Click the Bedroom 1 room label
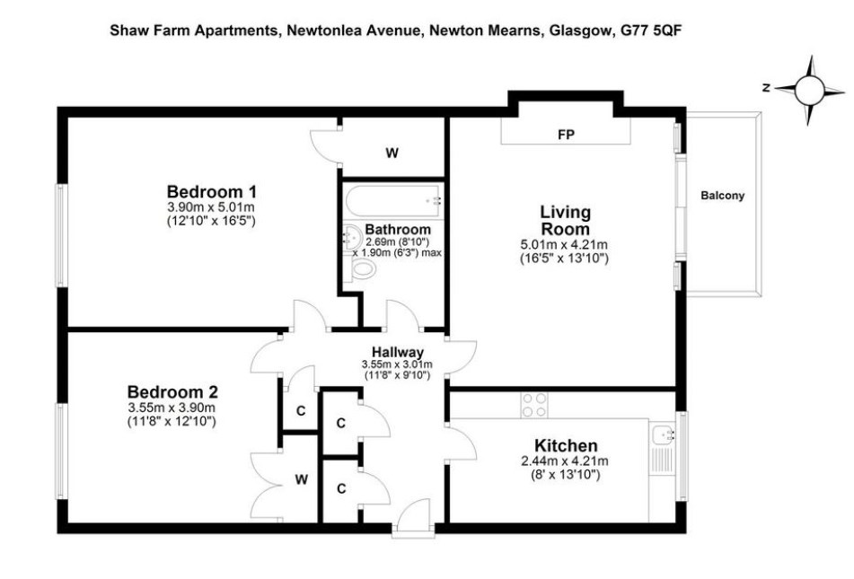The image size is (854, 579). click(211, 192)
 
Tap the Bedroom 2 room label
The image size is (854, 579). click(172, 392)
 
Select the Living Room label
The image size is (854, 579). click(565, 220)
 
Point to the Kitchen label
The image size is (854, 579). click(566, 445)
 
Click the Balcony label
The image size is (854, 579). click(722, 196)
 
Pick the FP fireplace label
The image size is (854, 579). click(566, 134)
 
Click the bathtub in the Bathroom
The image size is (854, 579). click(394, 201)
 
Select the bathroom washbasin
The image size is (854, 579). click(352, 237)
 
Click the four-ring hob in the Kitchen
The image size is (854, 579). click(534, 405)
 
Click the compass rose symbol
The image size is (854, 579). click(810, 90)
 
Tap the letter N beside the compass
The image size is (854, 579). click(766, 88)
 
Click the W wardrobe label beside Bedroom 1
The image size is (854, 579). click(392, 154)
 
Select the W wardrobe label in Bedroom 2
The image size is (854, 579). click(302, 479)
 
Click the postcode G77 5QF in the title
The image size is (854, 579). click(651, 30)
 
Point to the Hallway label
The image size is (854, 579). click(398, 352)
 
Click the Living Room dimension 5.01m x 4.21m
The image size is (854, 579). click(564, 245)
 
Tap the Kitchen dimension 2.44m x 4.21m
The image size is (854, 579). click(565, 461)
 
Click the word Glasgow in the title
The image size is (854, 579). click(580, 31)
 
